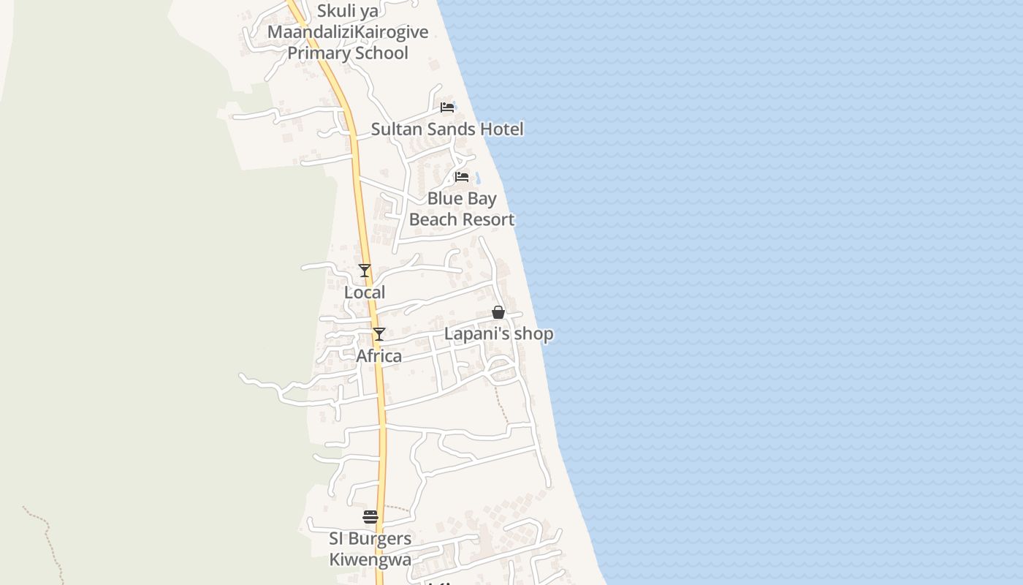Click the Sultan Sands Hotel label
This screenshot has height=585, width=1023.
click(447, 129)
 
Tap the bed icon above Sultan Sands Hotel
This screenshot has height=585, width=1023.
click(447, 107)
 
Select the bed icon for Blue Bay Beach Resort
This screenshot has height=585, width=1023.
click(461, 177)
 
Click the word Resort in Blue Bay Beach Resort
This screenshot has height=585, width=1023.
click(482, 219)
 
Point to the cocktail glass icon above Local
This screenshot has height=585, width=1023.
click(365, 271)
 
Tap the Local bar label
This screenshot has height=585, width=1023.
click(365, 292)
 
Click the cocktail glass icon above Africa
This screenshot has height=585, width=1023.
click(379, 334)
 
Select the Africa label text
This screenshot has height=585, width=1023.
click(379, 356)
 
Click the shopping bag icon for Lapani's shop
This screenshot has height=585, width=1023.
click(498, 312)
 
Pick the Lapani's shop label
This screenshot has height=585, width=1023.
click(499, 334)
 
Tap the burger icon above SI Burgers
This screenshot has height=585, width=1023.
click(370, 517)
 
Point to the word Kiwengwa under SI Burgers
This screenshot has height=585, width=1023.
click(370, 560)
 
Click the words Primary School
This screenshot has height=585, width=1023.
click(348, 53)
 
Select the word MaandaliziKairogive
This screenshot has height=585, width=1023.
click(348, 32)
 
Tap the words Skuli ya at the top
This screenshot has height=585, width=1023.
click(348, 11)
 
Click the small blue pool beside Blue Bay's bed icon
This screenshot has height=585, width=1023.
click(478, 178)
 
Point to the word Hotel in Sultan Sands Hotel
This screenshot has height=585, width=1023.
click(503, 129)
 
